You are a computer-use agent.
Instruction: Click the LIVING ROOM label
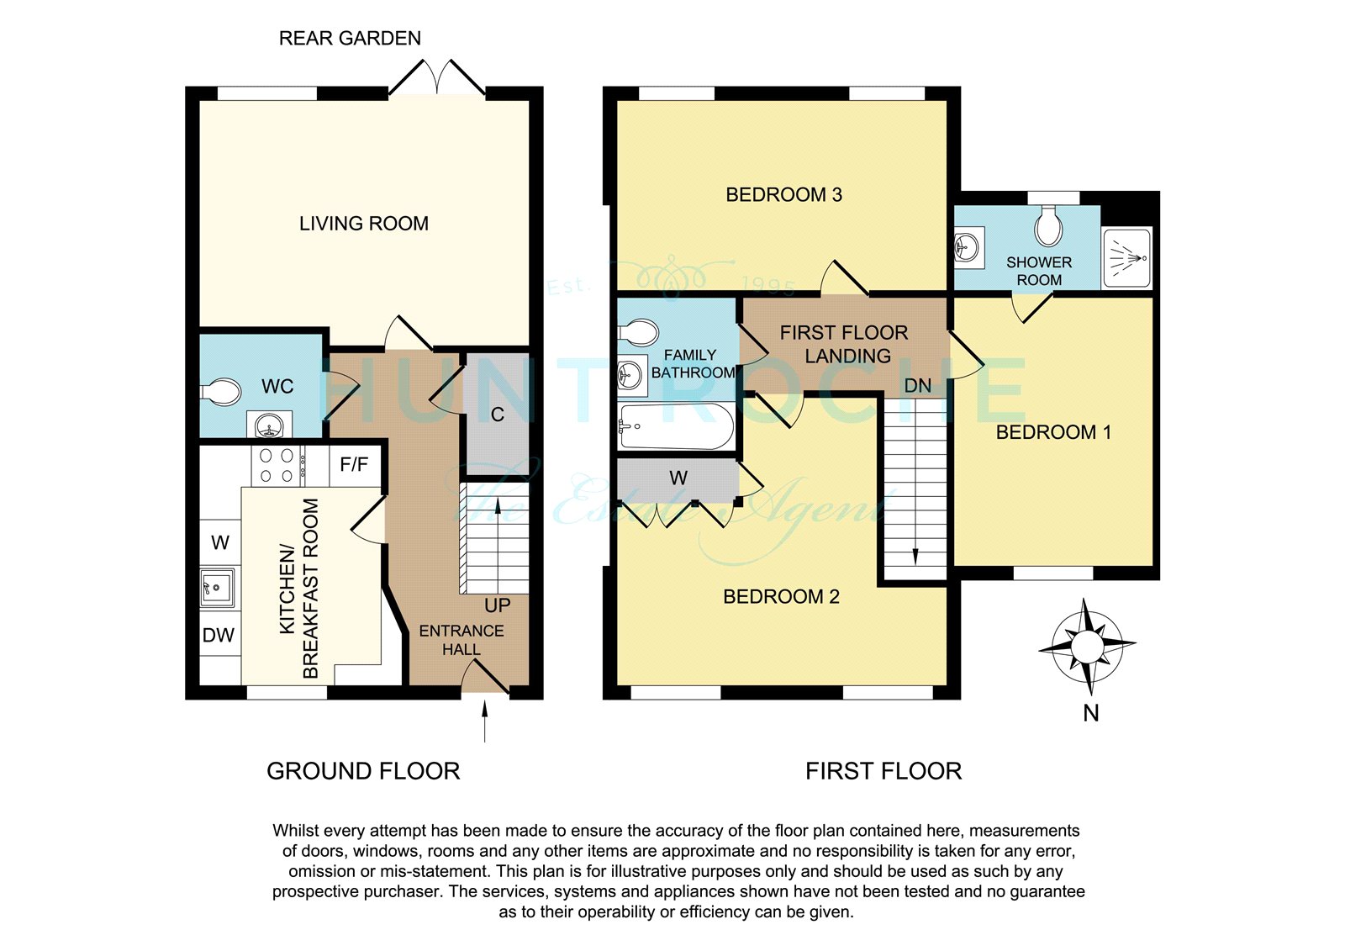coord(364,224)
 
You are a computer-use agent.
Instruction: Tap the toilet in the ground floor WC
coord(220,392)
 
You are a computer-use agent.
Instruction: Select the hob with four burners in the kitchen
coord(277,466)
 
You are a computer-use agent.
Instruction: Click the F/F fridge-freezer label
coord(354,464)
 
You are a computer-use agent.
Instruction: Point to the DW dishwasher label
coord(219,635)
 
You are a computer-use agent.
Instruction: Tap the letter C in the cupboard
coord(497,415)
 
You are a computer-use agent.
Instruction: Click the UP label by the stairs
coord(497,605)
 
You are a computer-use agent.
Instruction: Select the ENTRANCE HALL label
coord(462,640)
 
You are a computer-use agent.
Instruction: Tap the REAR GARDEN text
coord(350,39)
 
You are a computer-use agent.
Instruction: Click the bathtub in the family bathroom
coord(677,426)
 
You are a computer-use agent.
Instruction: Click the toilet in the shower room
coord(1048,226)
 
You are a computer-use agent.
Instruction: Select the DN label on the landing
coord(917,386)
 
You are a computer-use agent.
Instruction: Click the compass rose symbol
coord(1087,647)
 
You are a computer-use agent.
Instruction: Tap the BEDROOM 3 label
coord(783,194)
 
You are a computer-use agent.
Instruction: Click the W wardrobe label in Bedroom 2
coord(678,478)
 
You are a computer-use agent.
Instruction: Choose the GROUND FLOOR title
coord(363,771)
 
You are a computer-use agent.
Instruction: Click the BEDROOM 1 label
coord(1053,432)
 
